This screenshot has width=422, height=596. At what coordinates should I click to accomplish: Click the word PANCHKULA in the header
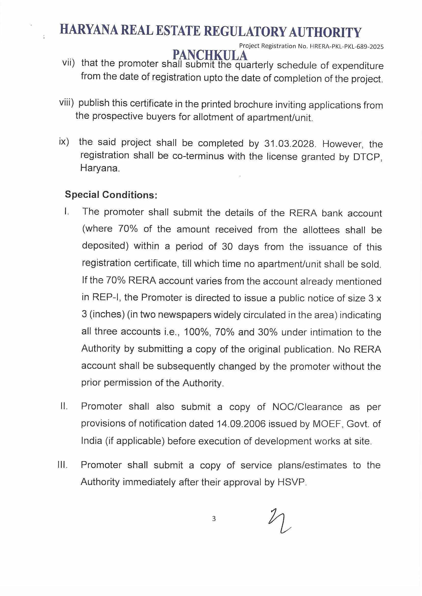210,55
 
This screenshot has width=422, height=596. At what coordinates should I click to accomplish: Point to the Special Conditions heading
111,195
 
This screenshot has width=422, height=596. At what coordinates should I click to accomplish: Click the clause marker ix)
64,142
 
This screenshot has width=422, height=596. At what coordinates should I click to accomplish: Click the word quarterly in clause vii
254,65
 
